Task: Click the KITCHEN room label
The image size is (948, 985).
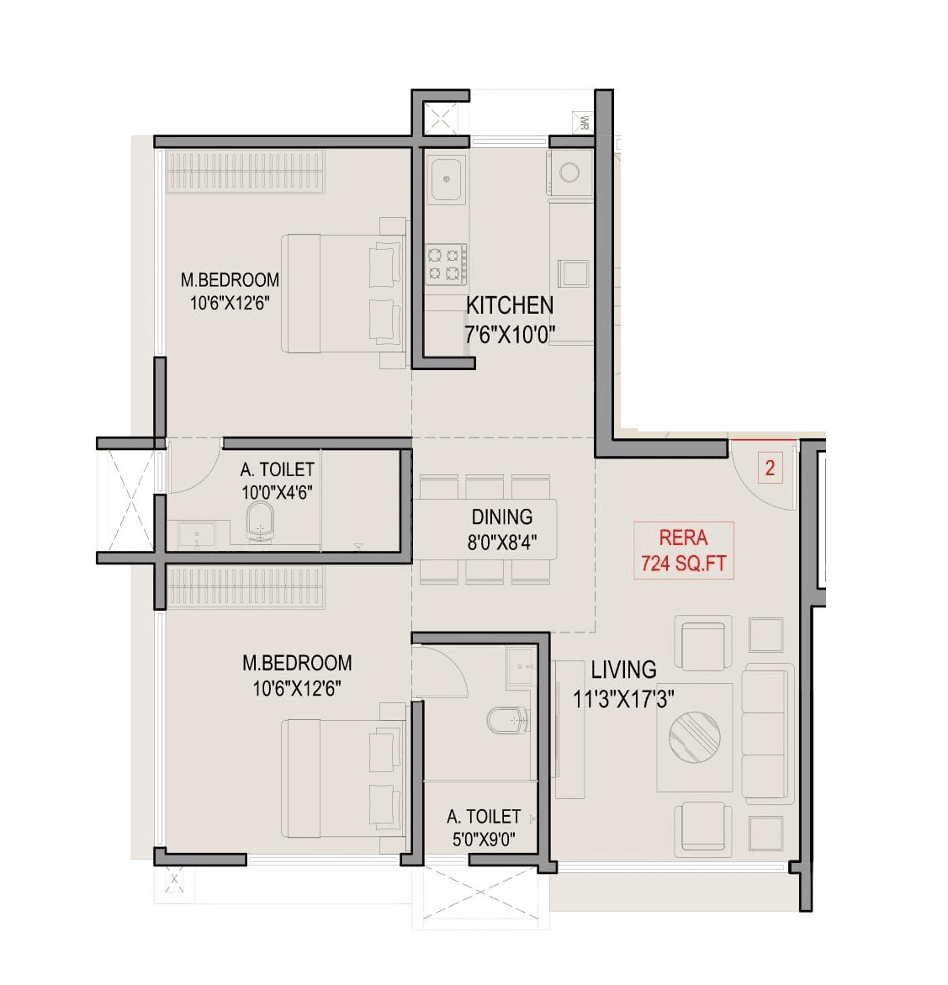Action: coord(510,305)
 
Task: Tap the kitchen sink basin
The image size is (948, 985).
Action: coord(447,178)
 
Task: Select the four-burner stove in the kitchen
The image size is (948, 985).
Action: coord(446,262)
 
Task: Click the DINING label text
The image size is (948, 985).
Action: coord(501,516)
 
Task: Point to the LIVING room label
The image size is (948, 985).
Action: coord(623,670)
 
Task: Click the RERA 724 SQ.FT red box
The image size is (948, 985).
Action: coord(683,550)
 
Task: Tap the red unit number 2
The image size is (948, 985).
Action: coord(770,468)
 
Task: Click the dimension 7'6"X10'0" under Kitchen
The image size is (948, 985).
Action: coord(509,334)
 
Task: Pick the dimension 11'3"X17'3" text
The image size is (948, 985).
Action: coord(623,698)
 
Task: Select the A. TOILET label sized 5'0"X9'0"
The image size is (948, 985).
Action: coord(484,816)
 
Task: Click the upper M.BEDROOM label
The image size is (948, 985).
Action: coord(230,280)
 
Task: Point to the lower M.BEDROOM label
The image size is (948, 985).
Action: coord(297,663)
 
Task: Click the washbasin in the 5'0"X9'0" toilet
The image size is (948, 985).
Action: coord(520,667)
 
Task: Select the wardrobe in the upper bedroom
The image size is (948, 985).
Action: coord(245,172)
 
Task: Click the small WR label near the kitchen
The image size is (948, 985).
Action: coord(581,124)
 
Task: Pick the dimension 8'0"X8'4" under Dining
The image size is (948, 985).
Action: coord(501,543)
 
